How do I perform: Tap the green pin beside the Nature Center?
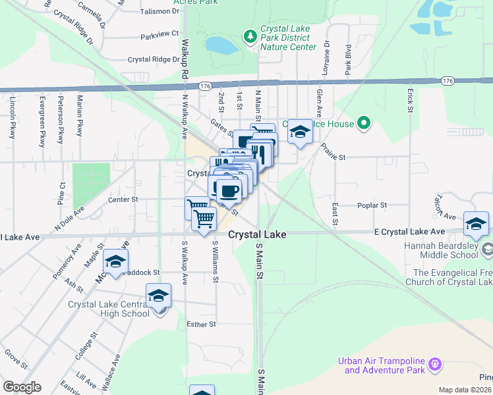pos(250,36)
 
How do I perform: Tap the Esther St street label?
pos(202,324)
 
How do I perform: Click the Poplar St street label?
pos(372,205)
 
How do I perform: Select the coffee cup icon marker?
pos(229,191)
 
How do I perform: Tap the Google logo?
pos(22,387)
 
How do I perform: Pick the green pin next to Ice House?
pos(363,122)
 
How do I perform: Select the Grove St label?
pos(15,359)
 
